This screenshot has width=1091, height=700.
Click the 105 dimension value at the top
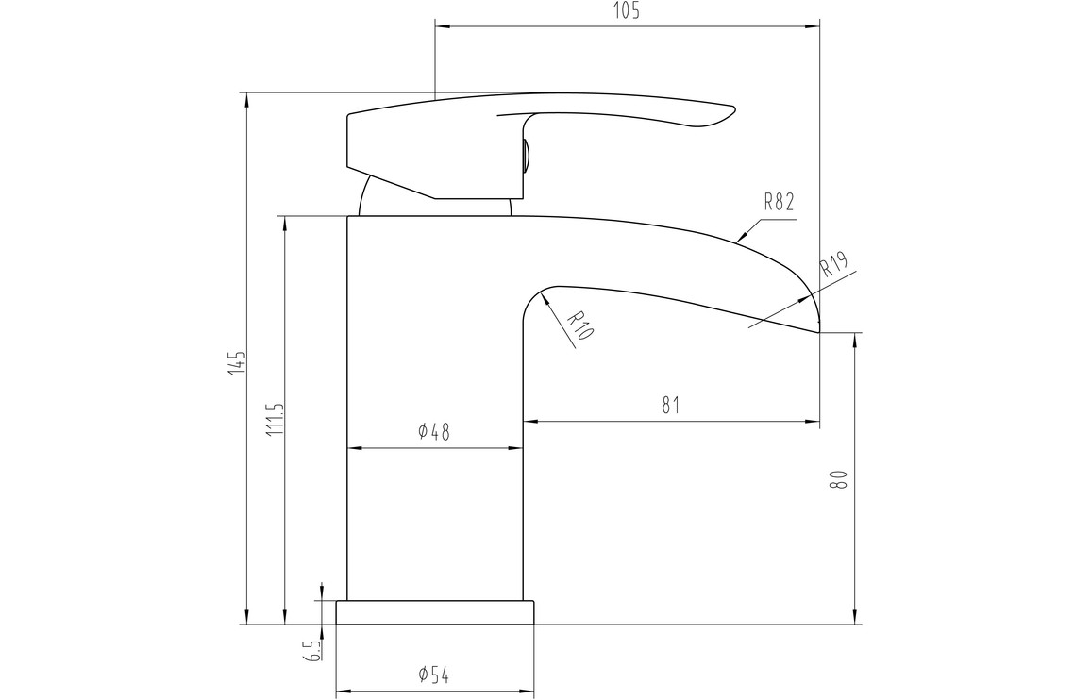[627, 10]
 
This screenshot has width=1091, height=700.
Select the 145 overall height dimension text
[240, 362]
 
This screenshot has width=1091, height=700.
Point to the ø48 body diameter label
[434, 432]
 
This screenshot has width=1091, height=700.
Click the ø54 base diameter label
[434, 675]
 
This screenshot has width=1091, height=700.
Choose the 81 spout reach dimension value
[670, 405]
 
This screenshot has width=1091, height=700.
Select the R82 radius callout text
[779, 203]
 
